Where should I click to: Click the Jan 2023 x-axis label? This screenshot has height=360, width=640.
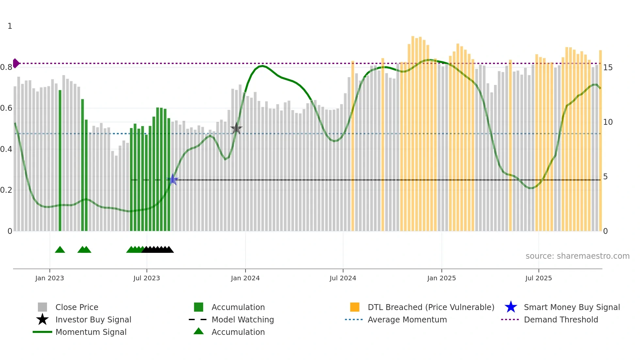pos(50,278)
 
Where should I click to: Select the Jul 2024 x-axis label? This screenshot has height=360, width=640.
pos(343,278)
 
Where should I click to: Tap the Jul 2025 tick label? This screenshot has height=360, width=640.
pos(538,278)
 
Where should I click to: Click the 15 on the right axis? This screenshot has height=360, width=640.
pos(608,68)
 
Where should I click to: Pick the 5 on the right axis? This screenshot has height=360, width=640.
pos(605,177)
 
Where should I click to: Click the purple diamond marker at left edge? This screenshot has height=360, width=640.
pos(16,63)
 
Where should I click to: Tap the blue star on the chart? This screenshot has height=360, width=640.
pos(173,180)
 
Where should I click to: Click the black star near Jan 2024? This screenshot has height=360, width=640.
pos(236,129)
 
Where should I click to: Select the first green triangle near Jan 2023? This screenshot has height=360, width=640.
pos(60,250)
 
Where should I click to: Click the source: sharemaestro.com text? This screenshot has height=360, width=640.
pos(577,256)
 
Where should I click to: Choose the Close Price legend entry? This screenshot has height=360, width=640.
pos(76,307)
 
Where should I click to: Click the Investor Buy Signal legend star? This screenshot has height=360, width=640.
pos(42,319)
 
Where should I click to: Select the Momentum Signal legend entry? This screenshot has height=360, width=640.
pos(91,332)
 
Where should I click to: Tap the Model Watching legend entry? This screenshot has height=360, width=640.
pos(242,319)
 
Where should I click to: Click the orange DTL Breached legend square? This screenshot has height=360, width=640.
pos(355,307)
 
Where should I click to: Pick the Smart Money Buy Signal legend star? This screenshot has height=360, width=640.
pos(511,307)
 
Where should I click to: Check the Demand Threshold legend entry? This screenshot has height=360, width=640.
pos(561,319)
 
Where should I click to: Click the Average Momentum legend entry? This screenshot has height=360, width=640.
pos(407,319)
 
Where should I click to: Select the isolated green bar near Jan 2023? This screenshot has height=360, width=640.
pos(60,160)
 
